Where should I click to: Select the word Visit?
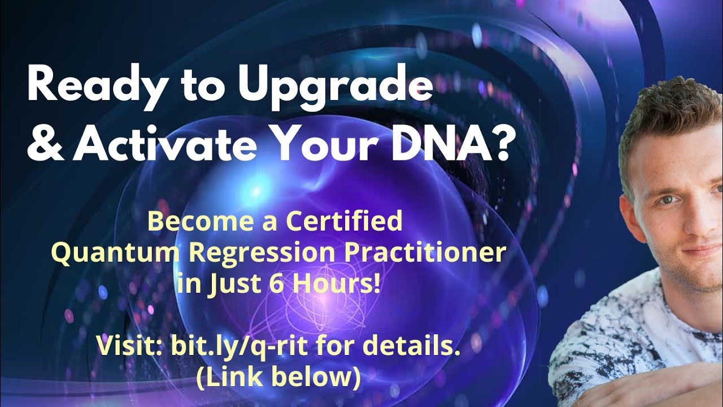pos(128,346)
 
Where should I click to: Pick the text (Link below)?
pos(278,377)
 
